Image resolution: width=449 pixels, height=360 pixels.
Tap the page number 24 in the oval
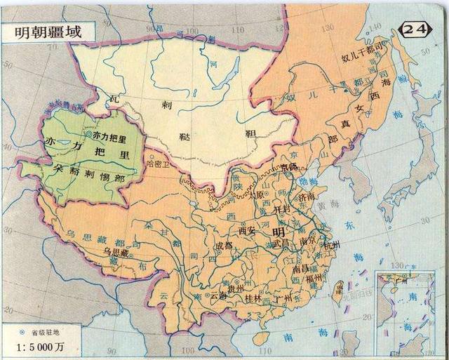415,28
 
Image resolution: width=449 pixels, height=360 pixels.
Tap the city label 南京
309,239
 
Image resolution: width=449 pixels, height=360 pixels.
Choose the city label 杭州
331,246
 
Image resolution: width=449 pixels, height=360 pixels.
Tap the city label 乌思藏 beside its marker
114,251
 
